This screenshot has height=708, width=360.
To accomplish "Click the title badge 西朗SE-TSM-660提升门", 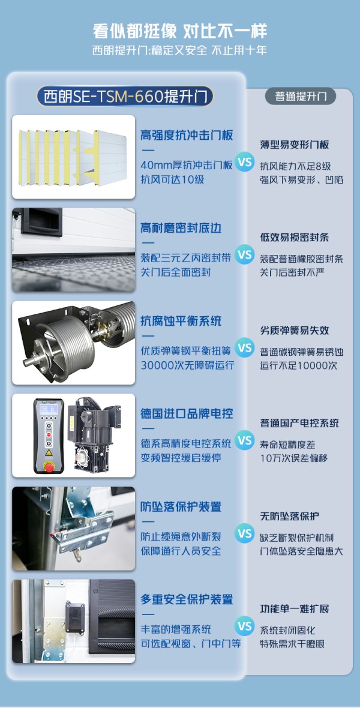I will [125, 96].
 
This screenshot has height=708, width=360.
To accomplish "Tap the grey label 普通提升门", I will [301, 96].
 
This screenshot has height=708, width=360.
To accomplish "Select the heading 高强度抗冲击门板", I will [187, 135].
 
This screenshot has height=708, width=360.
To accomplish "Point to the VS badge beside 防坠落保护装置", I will [244, 533].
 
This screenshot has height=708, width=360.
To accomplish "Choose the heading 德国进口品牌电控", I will [187, 414].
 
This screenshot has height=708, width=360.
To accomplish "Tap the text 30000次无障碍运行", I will [187, 365].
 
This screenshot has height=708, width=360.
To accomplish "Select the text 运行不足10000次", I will [298, 365].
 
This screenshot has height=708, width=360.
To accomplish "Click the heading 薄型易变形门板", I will [294, 145].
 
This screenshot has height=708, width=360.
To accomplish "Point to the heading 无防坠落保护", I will [289, 516].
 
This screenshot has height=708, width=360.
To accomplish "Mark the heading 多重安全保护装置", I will [187, 599].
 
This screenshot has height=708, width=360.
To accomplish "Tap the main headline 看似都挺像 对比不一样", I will [180, 31].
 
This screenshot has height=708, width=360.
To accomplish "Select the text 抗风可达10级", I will [172, 179].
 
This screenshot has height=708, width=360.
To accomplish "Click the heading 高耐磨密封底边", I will [181, 228].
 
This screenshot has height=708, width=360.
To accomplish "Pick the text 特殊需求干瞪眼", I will [292, 644].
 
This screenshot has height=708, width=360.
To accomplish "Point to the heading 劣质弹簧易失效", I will [294, 331].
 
